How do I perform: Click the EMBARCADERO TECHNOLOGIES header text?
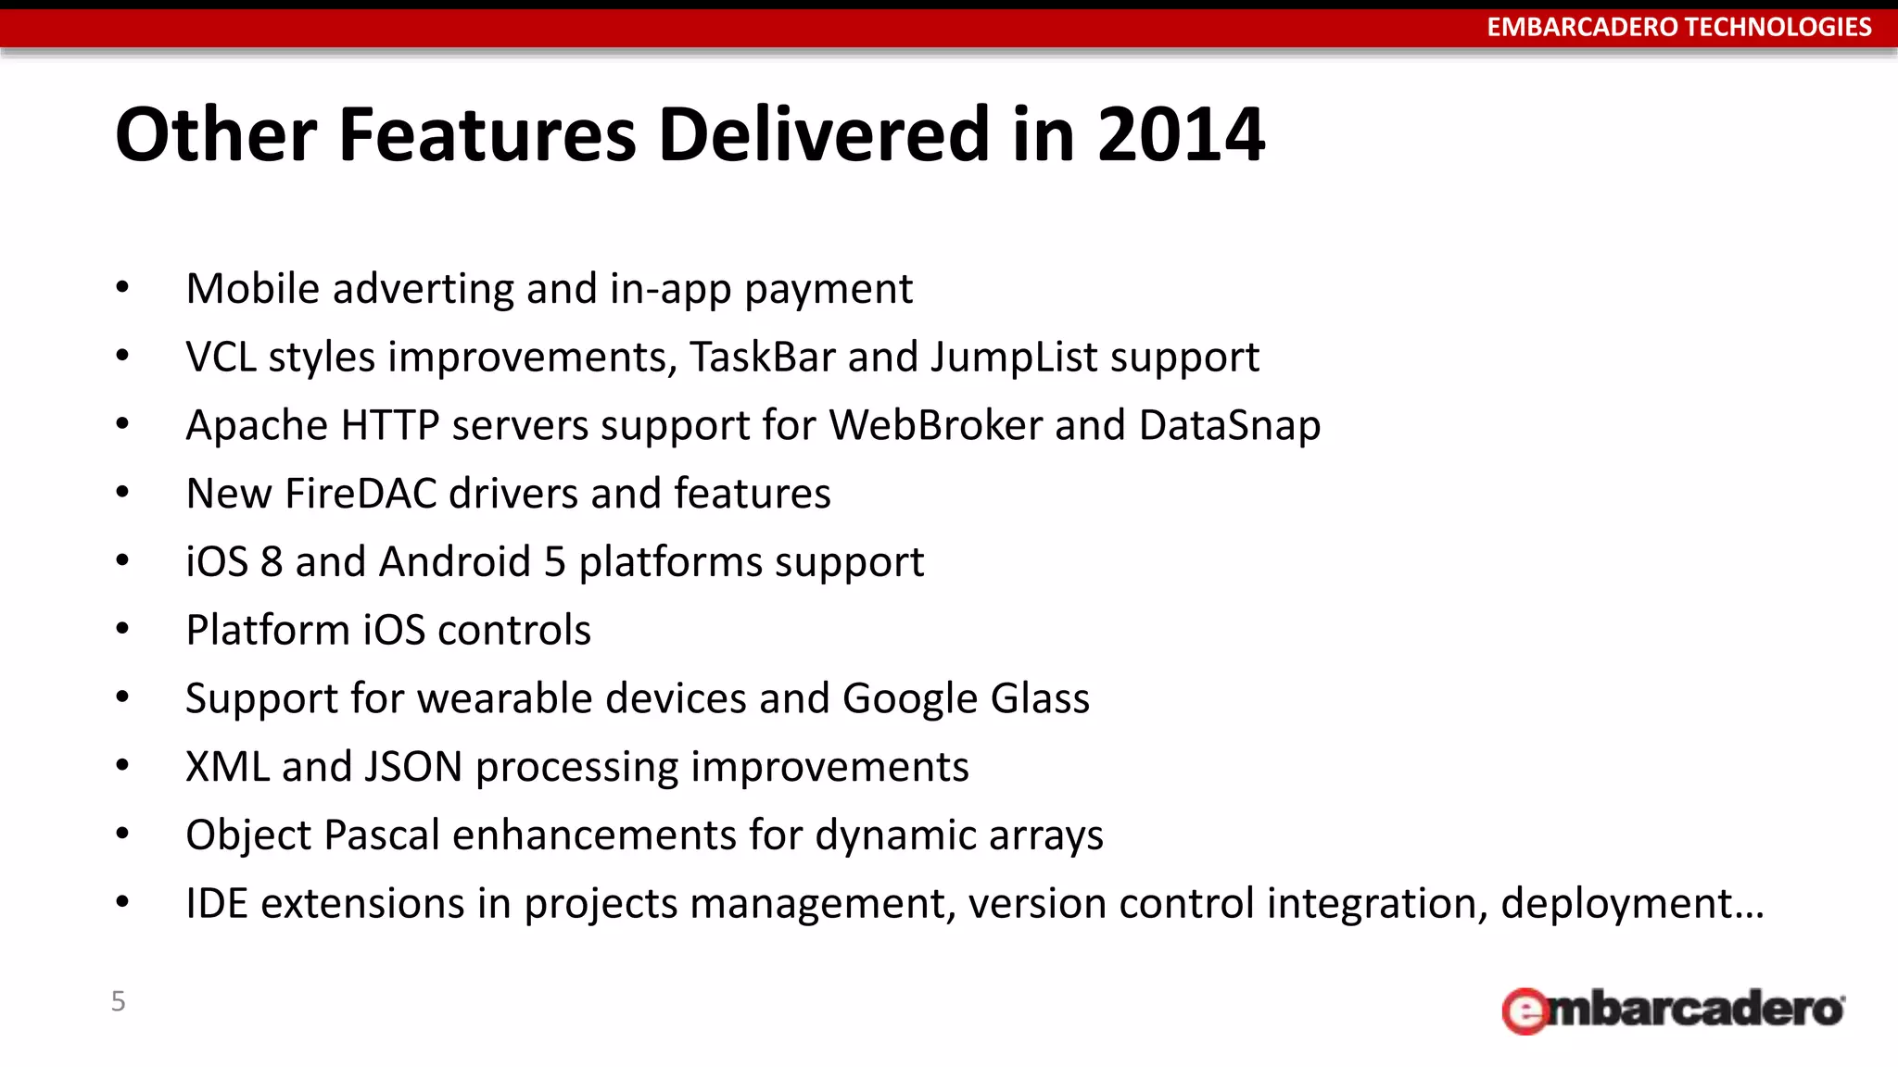(x=1678, y=27)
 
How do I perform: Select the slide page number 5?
(x=118, y=1001)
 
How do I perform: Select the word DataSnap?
(x=1229, y=426)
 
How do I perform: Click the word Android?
(x=454, y=562)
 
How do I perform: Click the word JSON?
(x=412, y=767)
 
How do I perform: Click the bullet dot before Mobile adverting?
(x=122, y=288)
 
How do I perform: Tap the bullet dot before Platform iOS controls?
(x=122, y=629)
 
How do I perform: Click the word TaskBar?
(x=762, y=358)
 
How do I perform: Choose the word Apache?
(x=257, y=426)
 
